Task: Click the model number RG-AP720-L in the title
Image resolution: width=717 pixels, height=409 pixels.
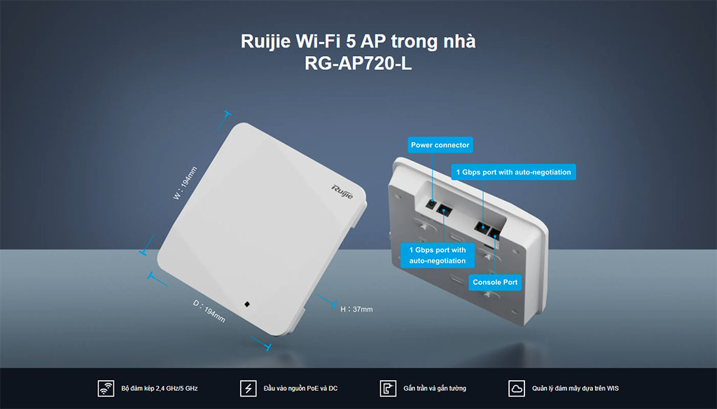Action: click(x=358, y=63)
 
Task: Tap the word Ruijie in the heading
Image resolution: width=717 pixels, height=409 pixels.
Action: click(x=265, y=41)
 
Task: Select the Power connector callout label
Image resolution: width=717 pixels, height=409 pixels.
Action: click(x=440, y=145)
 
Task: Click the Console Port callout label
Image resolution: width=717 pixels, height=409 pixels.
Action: click(x=495, y=282)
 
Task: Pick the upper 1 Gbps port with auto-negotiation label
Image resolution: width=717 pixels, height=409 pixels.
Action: click(x=513, y=172)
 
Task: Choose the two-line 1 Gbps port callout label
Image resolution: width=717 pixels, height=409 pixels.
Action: click(x=437, y=256)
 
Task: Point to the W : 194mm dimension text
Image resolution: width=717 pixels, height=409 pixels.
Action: click(x=185, y=183)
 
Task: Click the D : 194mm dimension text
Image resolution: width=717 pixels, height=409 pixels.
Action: click(x=209, y=311)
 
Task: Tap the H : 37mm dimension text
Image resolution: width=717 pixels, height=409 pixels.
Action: click(x=356, y=310)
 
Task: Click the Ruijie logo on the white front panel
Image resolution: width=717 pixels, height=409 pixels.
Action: click(x=342, y=192)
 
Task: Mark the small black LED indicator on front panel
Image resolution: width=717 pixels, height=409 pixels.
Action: click(x=247, y=304)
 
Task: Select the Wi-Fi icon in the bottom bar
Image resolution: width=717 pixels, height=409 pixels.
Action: click(x=106, y=389)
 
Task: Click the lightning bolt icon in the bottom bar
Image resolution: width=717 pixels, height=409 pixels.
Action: click(x=249, y=389)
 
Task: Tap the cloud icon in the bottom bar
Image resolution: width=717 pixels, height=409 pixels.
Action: click(x=517, y=389)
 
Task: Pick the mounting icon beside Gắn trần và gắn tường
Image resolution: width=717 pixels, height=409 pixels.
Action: click(x=388, y=389)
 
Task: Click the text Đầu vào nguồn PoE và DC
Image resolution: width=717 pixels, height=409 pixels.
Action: click(x=300, y=389)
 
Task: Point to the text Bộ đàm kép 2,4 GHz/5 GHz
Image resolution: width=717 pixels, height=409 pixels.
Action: click(x=160, y=389)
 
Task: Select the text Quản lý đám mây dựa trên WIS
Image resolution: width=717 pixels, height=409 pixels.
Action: click(x=576, y=389)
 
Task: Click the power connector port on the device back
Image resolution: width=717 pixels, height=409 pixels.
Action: click(x=431, y=204)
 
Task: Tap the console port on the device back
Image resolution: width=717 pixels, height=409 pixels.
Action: click(x=494, y=234)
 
